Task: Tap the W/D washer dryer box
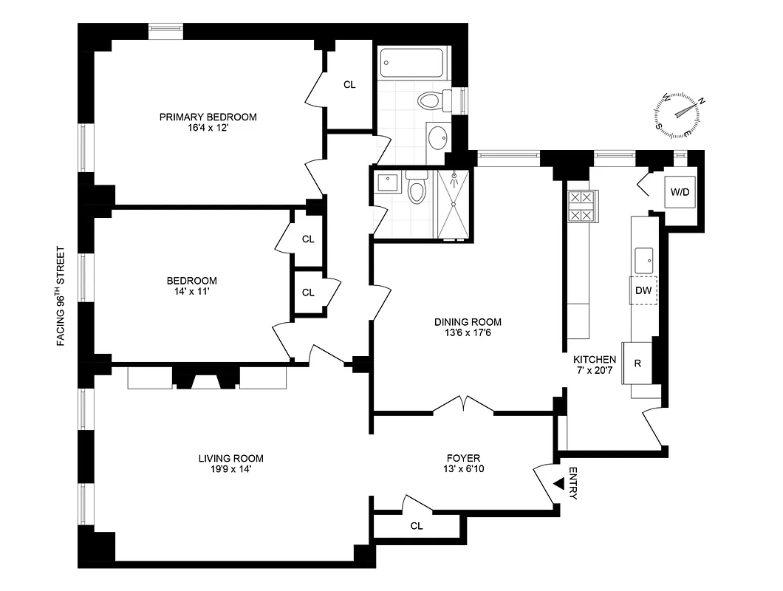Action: (680, 192)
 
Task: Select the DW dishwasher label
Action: (643, 290)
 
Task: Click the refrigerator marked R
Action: (637, 363)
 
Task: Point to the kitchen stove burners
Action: (579, 206)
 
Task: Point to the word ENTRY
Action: (573, 484)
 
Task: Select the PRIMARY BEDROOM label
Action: (208, 117)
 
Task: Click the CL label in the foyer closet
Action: (417, 526)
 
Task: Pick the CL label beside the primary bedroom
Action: (349, 85)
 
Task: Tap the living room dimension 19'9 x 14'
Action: (230, 469)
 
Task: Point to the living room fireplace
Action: (207, 380)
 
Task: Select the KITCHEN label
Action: (595, 359)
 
